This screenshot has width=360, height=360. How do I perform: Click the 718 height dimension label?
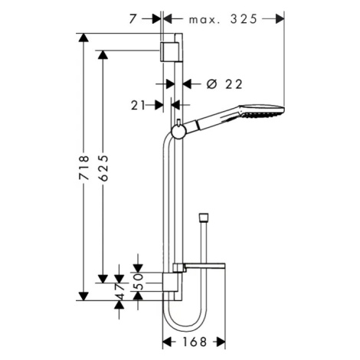pyautogui.click(x=84, y=167)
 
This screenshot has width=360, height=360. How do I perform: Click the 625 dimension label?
pyautogui.click(x=103, y=168)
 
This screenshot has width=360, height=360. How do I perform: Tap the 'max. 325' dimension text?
pyautogui.click(x=223, y=19)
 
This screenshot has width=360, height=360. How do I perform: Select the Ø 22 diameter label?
pyautogui.click(x=224, y=84)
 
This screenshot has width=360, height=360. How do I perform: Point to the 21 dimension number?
pyautogui.click(x=138, y=105)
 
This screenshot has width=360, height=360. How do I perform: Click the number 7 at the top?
pyautogui.click(x=133, y=19)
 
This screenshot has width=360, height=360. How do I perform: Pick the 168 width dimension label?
pyautogui.click(x=195, y=342)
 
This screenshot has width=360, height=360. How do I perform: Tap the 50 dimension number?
pyautogui.click(x=138, y=282)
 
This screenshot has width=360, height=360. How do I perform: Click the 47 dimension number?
pyautogui.click(x=119, y=292)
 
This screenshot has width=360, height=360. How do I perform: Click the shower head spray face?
pyautogui.click(x=263, y=114)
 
